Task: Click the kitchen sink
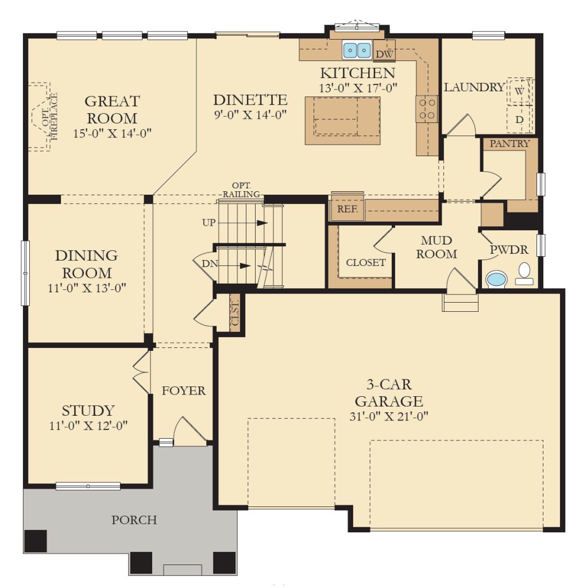pyautogui.click(x=357, y=50)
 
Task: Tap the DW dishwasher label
pyautogui.click(x=384, y=54)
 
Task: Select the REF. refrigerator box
pyautogui.click(x=348, y=209)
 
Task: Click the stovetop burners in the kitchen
pyautogui.click(x=427, y=109)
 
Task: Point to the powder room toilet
pyautogui.click(x=524, y=274)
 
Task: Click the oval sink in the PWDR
pyautogui.click(x=496, y=280)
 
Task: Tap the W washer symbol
pyautogui.click(x=519, y=91)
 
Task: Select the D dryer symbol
pyautogui.click(x=519, y=119)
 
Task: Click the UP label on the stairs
pyautogui.click(x=209, y=223)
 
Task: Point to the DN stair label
pyautogui.click(x=210, y=264)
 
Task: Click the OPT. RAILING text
pyautogui.click(x=241, y=189)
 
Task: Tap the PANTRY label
pyautogui.click(x=509, y=144)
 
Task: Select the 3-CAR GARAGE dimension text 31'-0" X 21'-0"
pyautogui.click(x=389, y=416)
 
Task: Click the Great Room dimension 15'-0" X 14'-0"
pyautogui.click(x=112, y=133)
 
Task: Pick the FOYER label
pyautogui.click(x=184, y=390)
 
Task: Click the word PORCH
pyautogui.click(x=134, y=520)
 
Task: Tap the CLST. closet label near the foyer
pyautogui.click(x=235, y=313)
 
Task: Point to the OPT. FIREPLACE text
pyautogui.click(x=50, y=117)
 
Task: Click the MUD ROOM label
pyautogui.click(x=437, y=247)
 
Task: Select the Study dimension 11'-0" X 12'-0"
pyautogui.click(x=88, y=426)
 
